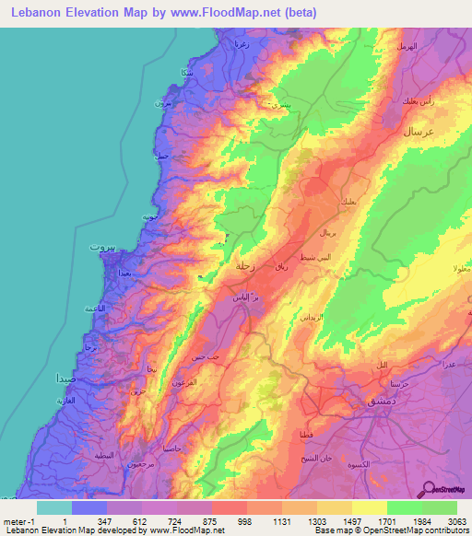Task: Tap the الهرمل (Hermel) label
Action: pyautogui.click(x=406, y=45)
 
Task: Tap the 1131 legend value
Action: pyautogui.click(x=283, y=521)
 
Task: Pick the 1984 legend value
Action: pyautogui.click(x=422, y=521)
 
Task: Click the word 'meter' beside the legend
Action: pyautogui.click(x=14, y=521)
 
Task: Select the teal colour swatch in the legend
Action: pyautogui.click(x=54, y=507)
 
